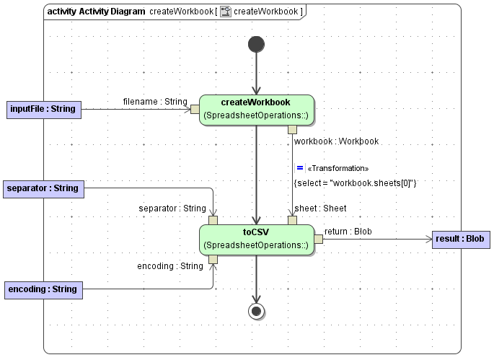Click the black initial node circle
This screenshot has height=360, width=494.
click(256, 45)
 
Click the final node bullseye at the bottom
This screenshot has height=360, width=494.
click(256, 311)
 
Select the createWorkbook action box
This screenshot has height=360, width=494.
click(256, 110)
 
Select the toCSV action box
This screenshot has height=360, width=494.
click(256, 240)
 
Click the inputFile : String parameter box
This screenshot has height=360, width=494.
click(43, 110)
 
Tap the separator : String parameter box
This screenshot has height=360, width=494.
click(43, 189)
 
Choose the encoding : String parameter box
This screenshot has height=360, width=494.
click(43, 290)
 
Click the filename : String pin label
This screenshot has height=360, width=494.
click(155, 102)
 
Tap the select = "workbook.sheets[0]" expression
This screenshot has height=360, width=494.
click(356, 183)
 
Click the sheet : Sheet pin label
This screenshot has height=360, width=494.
click(320, 208)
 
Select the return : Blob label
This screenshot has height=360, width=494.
click(348, 232)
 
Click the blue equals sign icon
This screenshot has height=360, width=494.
click(299, 167)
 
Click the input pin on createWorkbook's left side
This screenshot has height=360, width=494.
click(194, 110)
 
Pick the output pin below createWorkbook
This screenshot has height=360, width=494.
click(292, 130)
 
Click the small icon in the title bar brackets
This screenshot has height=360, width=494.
click(226, 12)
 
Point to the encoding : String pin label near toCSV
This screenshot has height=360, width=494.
click(170, 266)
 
